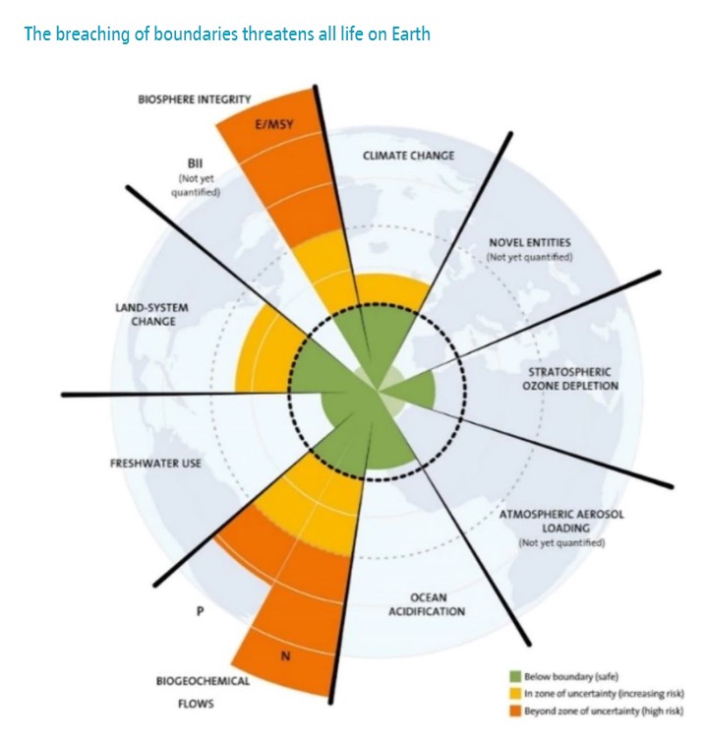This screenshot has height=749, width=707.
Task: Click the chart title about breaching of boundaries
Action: click(226, 34)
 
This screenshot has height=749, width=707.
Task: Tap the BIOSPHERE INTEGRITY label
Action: click(194, 99)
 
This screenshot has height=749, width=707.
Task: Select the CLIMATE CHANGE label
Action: click(408, 156)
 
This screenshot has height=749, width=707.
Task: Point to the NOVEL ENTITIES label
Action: click(529, 242)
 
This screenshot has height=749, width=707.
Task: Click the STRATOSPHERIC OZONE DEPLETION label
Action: click(570, 379)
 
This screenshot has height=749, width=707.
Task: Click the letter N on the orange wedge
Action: click(286, 656)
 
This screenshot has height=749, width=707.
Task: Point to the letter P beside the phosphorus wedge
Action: click(200, 610)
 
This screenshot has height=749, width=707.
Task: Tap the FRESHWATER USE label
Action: click(155, 463)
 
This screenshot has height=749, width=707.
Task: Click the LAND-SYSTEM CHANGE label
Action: click(146, 314)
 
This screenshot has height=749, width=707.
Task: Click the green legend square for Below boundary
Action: click(513, 676)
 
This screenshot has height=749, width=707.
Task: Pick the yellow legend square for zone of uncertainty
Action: click(513, 693)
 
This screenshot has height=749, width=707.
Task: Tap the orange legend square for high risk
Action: click(513, 710)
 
